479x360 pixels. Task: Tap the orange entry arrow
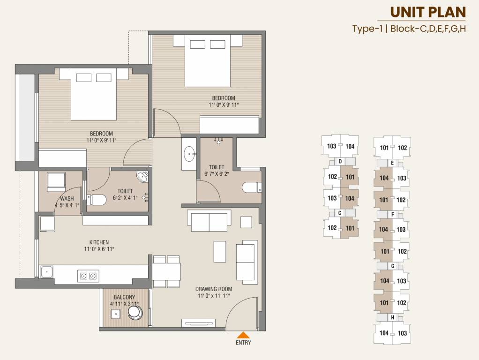(x=243, y=335)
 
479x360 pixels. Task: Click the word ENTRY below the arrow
(x=243, y=343)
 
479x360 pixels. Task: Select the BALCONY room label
(x=124, y=297)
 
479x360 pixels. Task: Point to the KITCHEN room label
(x=99, y=242)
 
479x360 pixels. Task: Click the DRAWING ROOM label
(x=214, y=289)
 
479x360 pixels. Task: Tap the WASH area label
(x=67, y=199)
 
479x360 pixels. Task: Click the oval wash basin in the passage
(x=189, y=153)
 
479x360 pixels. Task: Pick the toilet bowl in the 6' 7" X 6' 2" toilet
(x=251, y=188)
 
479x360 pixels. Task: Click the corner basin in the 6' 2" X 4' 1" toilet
(x=142, y=176)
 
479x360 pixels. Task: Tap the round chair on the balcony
(x=135, y=312)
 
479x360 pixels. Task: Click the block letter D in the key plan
(x=339, y=162)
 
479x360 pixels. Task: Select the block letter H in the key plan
(x=392, y=318)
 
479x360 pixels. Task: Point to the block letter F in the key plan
(x=392, y=215)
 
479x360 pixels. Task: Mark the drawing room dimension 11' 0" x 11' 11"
(x=214, y=296)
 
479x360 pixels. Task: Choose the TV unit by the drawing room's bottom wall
(x=199, y=322)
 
